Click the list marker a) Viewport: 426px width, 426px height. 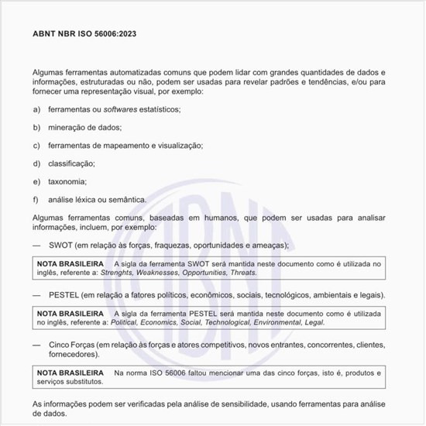tap(36, 110)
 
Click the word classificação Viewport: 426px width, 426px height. tap(71, 163)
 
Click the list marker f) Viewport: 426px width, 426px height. tap(36, 200)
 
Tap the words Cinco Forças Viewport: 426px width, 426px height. tap(74, 345)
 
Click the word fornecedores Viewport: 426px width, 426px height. tap(72, 354)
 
